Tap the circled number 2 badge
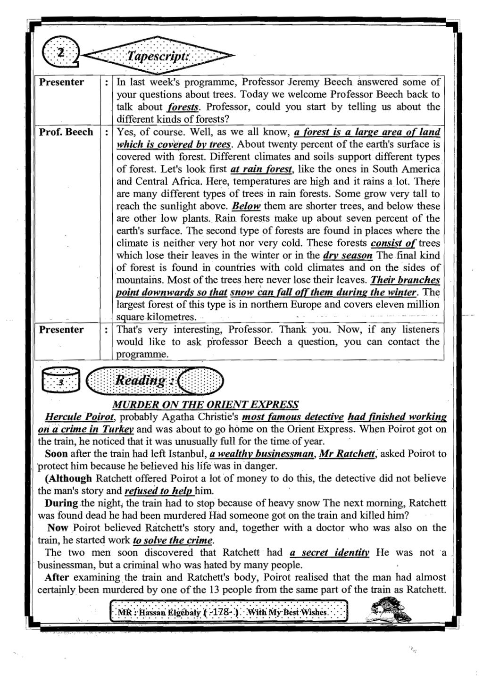point(60,53)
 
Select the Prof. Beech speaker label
point(66,132)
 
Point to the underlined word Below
point(247,206)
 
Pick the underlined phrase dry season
point(348,256)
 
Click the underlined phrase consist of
point(393,243)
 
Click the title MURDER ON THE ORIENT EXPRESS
point(206,405)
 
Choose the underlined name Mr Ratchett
point(347,454)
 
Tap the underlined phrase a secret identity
point(329,552)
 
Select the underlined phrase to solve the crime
point(173,540)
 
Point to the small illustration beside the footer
point(388,610)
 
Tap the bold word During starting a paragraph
point(61,503)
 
